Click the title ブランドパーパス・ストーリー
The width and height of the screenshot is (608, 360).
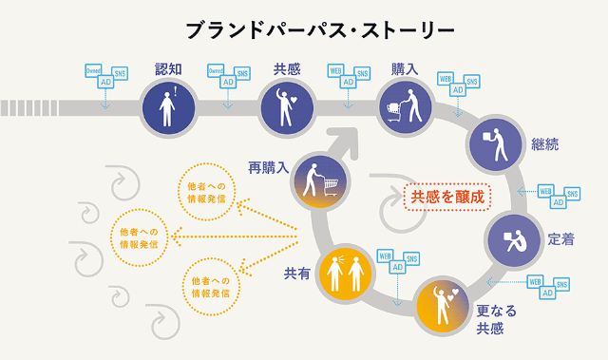[x=307, y=29]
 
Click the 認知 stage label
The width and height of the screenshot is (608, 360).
[x=169, y=68]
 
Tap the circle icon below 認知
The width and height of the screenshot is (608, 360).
[x=168, y=106]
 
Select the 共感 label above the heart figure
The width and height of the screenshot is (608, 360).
[x=288, y=68]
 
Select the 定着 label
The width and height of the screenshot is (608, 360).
[x=560, y=239]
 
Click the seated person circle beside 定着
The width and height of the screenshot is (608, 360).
[x=513, y=237]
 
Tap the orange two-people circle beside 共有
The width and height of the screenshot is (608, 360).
[x=344, y=274]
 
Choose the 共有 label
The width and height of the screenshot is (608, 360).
[x=296, y=274]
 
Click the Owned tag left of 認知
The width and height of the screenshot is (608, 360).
[x=94, y=70]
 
